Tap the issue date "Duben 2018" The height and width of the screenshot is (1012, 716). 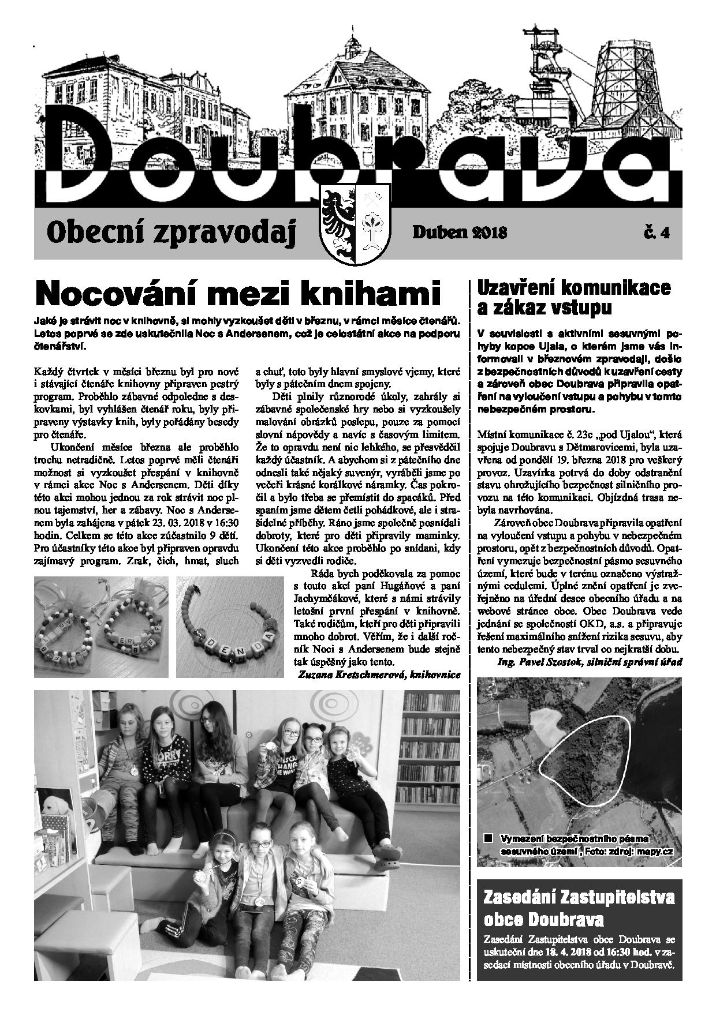[x=460, y=233]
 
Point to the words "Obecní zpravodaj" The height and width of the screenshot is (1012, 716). [x=173, y=233]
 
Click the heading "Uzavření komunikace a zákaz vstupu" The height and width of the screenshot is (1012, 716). [x=574, y=298]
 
